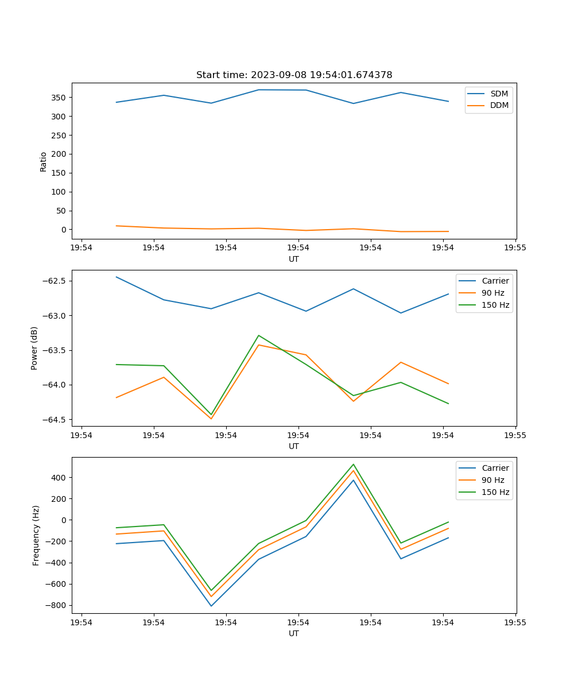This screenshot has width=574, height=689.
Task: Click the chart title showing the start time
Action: click(294, 75)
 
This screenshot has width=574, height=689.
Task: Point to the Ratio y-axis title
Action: click(44, 161)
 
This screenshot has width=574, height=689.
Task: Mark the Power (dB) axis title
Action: click(34, 348)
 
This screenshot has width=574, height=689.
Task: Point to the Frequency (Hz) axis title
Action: click(36, 535)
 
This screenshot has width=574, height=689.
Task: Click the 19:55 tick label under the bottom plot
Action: click(515, 622)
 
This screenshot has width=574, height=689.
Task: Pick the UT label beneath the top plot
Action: click(294, 259)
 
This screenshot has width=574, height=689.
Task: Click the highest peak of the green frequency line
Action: click(354, 465)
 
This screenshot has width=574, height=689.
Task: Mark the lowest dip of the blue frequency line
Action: click(211, 606)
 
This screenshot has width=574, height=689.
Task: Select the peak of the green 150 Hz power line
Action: click(258, 335)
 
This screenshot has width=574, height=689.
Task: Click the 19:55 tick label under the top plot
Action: click(515, 248)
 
